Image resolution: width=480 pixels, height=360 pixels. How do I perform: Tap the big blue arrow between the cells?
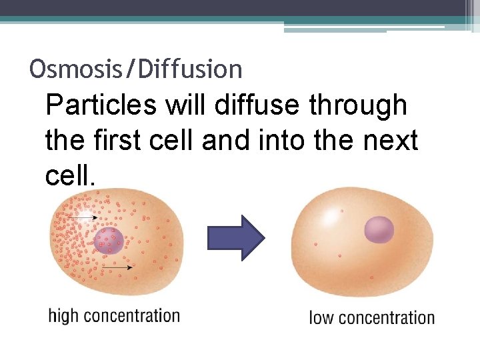[x=236, y=237]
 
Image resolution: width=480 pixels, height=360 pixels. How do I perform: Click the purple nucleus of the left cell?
[x=109, y=241]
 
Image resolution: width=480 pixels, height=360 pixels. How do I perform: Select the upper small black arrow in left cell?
[x=83, y=217]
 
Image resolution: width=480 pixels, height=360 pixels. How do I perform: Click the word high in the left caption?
[x=63, y=316]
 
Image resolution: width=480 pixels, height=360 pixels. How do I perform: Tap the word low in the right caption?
[x=322, y=318]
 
